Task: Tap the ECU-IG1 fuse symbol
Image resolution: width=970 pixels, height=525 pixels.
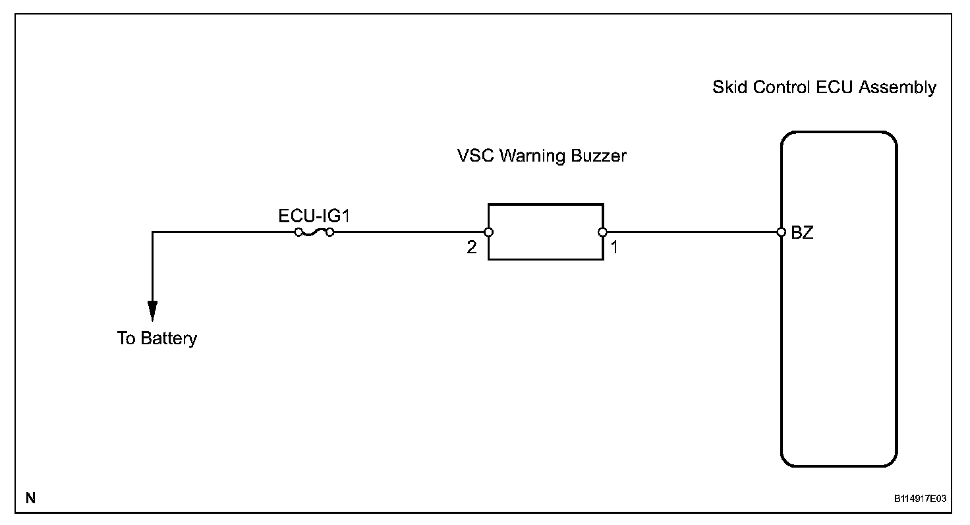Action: tap(314, 232)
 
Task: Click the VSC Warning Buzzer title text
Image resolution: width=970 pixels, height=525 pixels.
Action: tap(542, 156)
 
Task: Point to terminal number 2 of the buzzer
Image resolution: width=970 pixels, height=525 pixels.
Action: tap(472, 249)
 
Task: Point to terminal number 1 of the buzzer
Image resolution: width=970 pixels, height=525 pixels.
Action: tap(614, 249)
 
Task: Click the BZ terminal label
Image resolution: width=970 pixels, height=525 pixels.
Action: tap(802, 233)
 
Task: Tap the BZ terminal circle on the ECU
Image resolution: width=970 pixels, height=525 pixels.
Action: tap(781, 232)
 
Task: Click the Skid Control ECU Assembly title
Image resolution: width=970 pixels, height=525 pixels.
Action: tap(824, 88)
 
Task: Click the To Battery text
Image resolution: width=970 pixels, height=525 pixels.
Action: tap(157, 339)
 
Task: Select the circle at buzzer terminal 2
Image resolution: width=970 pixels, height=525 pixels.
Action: tap(488, 232)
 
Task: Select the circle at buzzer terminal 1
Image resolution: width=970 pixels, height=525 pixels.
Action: tap(603, 232)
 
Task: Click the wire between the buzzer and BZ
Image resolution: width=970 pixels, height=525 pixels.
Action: tap(692, 232)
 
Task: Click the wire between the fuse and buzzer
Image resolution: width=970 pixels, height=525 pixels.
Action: tap(409, 232)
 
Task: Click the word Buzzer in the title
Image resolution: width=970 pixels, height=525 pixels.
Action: tap(602, 156)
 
